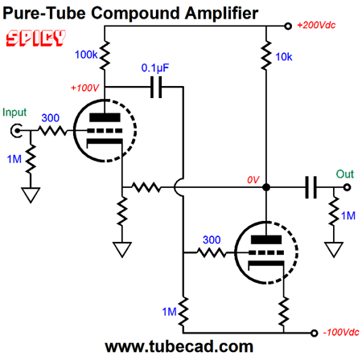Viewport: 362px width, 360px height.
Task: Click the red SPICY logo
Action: (x=35, y=38)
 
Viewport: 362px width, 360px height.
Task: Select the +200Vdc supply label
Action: (x=316, y=25)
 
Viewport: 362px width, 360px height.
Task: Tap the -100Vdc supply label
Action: (x=341, y=333)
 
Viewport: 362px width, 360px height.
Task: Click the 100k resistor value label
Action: (x=86, y=55)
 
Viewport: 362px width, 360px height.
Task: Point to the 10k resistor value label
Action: (x=284, y=57)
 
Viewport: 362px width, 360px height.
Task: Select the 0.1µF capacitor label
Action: (x=155, y=68)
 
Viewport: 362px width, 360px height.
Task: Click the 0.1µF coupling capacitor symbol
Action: (x=156, y=87)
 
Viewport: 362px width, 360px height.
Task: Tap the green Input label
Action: (x=14, y=112)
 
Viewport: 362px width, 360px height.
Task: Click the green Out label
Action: (x=345, y=174)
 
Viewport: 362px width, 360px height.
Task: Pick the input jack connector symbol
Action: (x=16, y=131)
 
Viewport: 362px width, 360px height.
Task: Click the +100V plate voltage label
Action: (x=84, y=88)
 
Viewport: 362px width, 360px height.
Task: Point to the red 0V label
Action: (x=253, y=180)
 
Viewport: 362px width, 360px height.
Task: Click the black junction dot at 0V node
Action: (x=266, y=187)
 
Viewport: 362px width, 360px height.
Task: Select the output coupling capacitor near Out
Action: (x=311, y=187)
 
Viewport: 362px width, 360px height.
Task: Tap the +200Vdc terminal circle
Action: (x=288, y=26)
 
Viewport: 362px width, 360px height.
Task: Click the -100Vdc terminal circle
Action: (x=314, y=333)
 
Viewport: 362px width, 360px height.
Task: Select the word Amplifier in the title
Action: (x=221, y=13)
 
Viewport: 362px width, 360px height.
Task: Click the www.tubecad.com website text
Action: (x=179, y=346)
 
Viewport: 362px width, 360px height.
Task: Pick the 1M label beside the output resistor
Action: (x=348, y=215)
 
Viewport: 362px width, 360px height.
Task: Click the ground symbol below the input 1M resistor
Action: (x=31, y=194)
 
